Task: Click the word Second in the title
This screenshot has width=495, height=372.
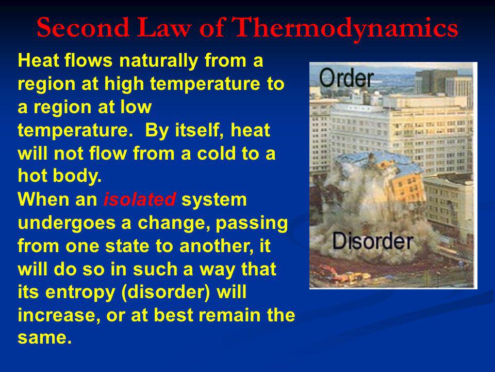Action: tap(83, 27)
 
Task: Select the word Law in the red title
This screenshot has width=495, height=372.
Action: tap(164, 27)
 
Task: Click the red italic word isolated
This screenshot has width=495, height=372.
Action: tap(139, 199)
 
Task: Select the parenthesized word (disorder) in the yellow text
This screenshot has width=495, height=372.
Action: tap(166, 292)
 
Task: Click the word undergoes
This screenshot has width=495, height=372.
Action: tap(67, 224)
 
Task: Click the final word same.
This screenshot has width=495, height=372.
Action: tap(45, 338)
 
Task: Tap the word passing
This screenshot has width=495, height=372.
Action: tap(252, 224)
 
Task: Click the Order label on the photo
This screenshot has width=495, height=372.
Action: tap(346, 78)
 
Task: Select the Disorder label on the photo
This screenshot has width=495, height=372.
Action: tap(373, 241)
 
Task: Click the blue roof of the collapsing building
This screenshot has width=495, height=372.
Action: tap(379, 161)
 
